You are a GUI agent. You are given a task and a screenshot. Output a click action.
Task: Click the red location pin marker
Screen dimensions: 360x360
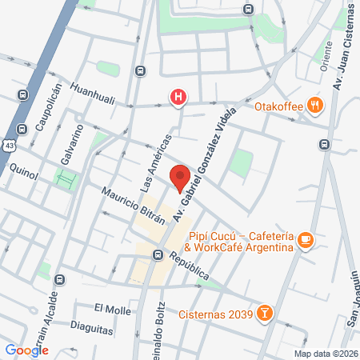click(180, 177)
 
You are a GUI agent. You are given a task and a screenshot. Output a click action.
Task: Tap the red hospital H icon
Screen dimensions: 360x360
click(178, 98)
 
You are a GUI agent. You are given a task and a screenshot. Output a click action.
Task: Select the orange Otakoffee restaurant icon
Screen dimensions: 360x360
click(317, 104)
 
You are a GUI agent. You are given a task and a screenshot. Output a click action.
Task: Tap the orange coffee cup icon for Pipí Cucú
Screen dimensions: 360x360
click(305, 239)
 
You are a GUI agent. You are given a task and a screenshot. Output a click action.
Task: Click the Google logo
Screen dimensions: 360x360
click(26, 350)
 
